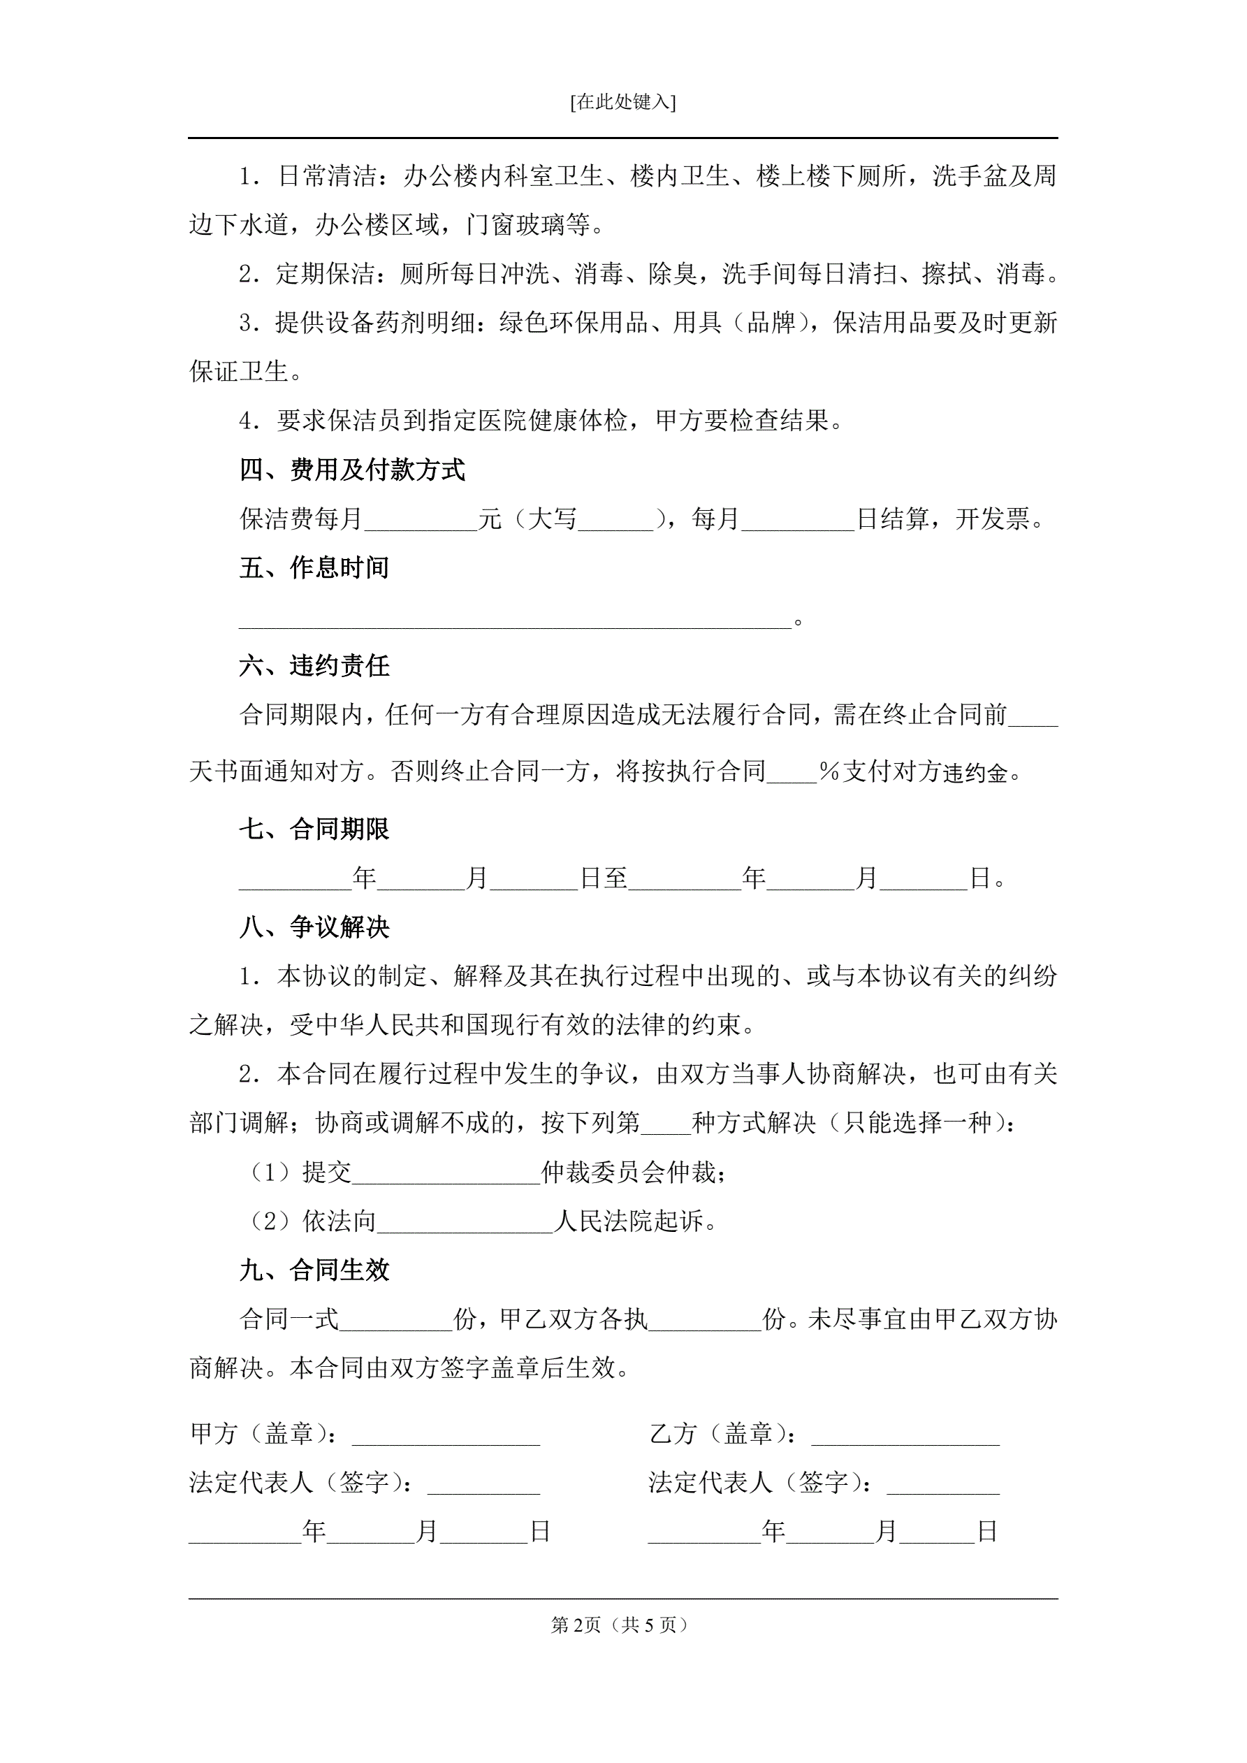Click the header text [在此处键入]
pos(622,102)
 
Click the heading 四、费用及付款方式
pos(353,470)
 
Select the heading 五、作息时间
pos(314,567)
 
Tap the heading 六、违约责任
pos(314,666)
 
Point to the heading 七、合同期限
pos(314,829)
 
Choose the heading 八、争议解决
pos(314,927)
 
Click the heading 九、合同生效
pos(314,1270)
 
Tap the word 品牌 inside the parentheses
pos(770,324)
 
